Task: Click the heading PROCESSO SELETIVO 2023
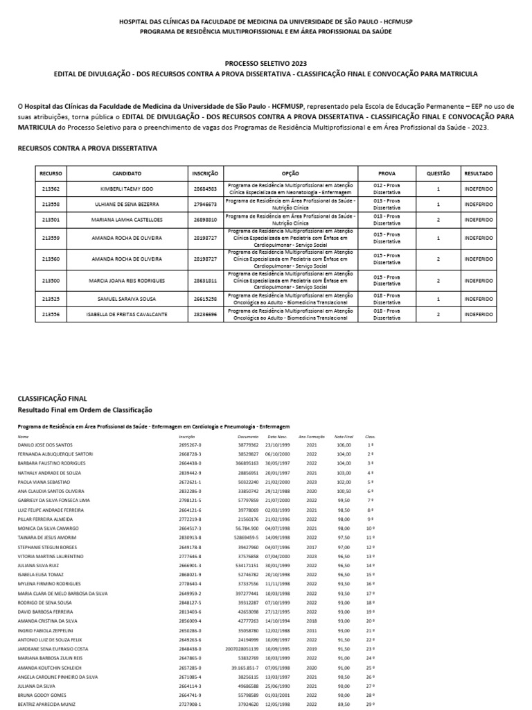[x=266, y=62]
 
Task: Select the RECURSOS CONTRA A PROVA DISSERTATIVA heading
[x=87, y=148]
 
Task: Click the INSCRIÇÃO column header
[x=205, y=173]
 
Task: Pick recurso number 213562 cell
[x=51, y=189]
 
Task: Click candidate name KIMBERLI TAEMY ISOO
[x=126, y=189]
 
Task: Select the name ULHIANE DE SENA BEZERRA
[x=126, y=205]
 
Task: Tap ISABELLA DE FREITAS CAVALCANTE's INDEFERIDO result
[x=479, y=314]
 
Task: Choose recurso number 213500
[x=51, y=281]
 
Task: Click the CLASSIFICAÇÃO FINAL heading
[x=52, y=399]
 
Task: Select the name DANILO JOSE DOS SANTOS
[x=45, y=444]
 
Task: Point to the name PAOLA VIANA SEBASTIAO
[x=44, y=480]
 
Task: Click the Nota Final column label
[x=344, y=437]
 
